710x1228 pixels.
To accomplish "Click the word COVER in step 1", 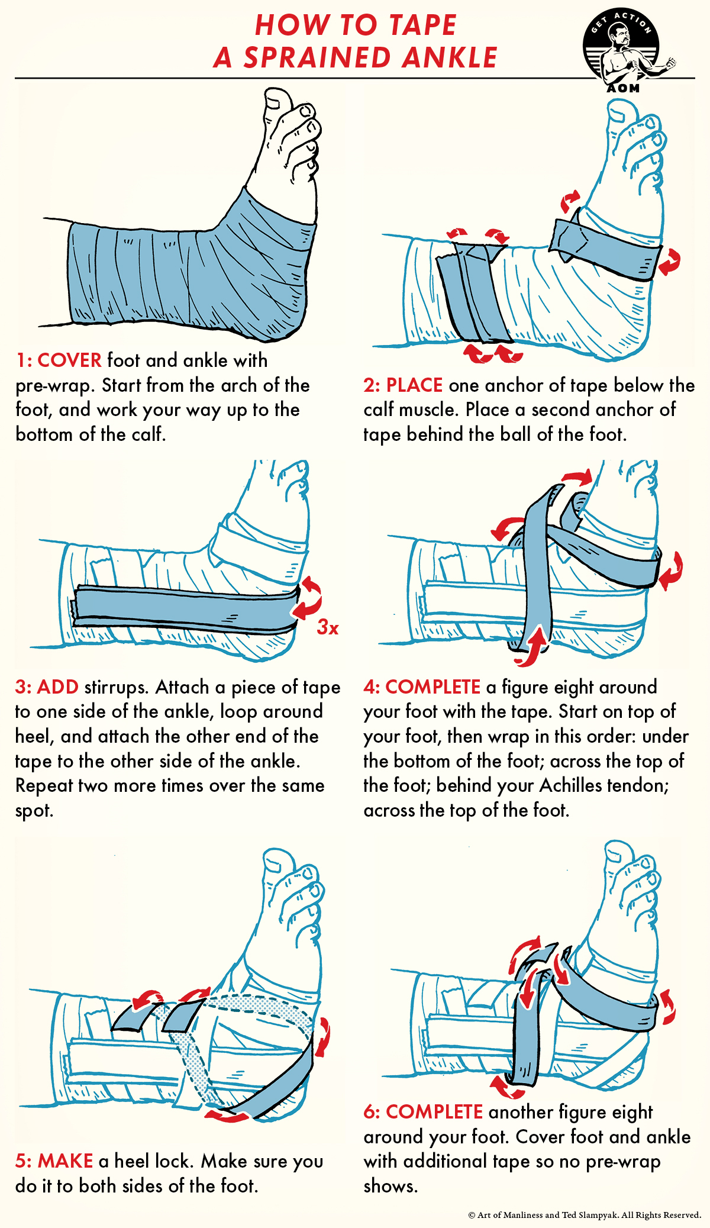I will [x=69, y=360].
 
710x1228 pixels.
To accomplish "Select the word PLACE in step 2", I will [x=414, y=385].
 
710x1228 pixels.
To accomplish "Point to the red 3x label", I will [x=328, y=627].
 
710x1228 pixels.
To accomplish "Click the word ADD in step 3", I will [x=57, y=687].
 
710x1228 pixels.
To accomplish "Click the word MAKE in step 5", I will [x=65, y=1161].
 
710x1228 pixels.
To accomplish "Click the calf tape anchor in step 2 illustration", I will [x=471, y=293].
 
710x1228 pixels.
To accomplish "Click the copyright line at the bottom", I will [x=584, y=1215].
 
